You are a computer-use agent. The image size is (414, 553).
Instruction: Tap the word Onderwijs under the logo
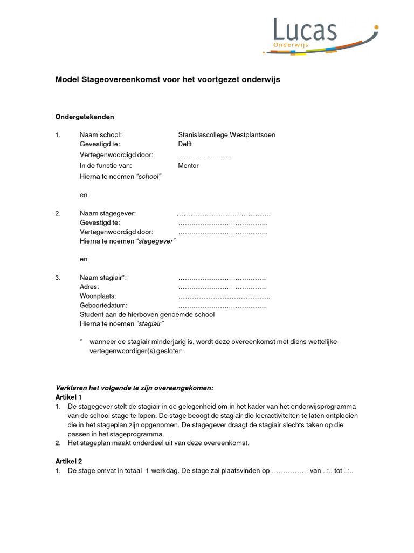coord(291,45)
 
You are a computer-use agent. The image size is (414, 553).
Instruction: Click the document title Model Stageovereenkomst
coord(168,79)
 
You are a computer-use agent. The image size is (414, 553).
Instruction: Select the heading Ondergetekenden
coord(85,117)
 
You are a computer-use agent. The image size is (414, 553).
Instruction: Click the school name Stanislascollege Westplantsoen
coord(226,134)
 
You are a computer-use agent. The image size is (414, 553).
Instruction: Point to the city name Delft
coord(185,144)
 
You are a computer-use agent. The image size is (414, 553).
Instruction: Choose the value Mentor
coord(188,166)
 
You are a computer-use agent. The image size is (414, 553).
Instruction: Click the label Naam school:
coord(101,134)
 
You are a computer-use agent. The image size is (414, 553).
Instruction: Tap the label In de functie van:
coord(106,166)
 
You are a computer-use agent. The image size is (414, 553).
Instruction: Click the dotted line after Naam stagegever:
coord(224,214)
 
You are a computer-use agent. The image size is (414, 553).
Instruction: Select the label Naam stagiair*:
coord(103,278)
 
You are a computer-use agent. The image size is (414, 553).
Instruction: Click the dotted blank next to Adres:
coord(222,287)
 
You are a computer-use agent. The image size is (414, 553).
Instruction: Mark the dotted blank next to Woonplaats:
coord(224,296)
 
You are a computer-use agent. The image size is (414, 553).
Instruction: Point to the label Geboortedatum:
coord(103,306)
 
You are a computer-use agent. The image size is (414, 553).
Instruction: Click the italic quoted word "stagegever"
coord(156,241)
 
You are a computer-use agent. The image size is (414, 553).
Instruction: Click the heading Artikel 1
coord(68,397)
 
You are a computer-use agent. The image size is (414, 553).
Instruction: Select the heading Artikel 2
coord(68,461)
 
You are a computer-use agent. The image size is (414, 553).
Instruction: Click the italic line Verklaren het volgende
coord(135,388)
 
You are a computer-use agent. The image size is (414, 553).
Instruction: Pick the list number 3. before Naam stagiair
coord(58,278)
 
